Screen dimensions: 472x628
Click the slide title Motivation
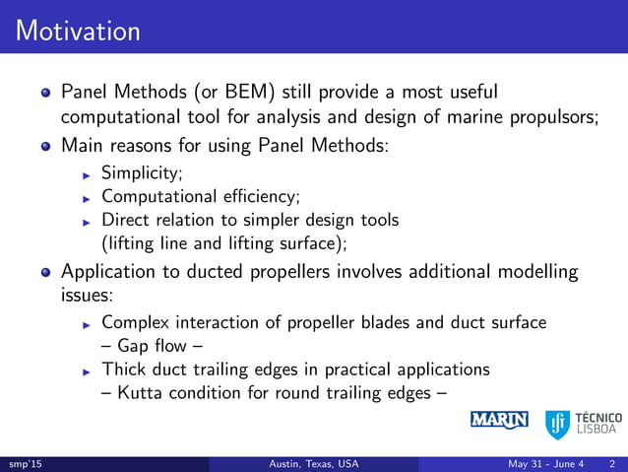pos(78,31)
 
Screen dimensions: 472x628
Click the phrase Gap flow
pos(153,346)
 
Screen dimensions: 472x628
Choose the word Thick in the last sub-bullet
pos(123,370)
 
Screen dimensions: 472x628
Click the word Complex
pos(134,322)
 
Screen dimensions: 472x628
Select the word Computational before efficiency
pos(157,197)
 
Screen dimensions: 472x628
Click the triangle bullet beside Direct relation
pos(87,221)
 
